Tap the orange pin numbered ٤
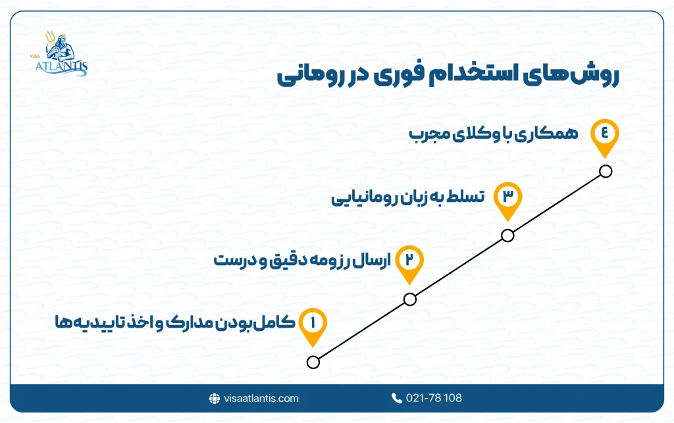(605, 133)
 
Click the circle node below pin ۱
(313, 362)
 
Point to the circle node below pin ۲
(410, 299)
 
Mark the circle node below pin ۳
(507, 236)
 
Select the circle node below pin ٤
(606, 172)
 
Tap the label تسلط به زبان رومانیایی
(407, 197)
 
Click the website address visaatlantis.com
(261, 398)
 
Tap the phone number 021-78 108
(435, 398)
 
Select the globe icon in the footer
(214, 398)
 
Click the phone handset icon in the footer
(396, 398)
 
